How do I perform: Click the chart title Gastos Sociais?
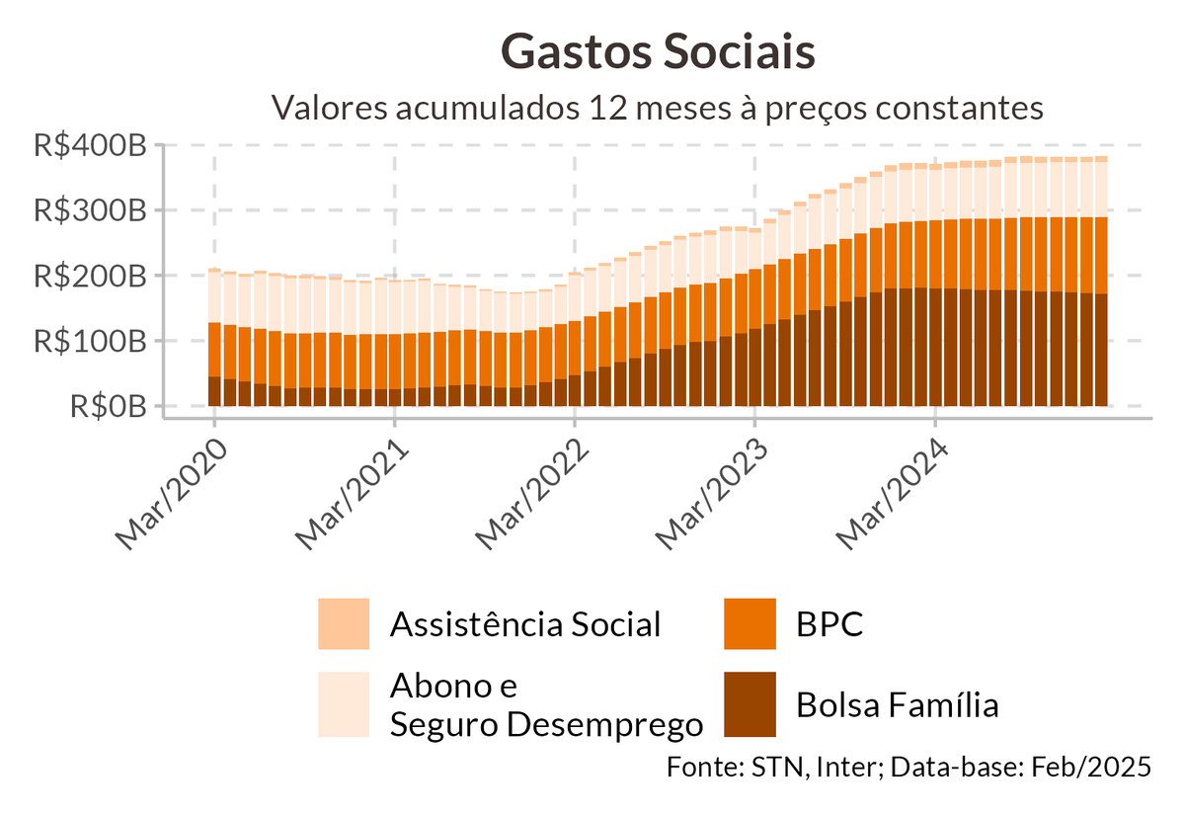658,51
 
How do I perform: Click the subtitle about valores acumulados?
658,106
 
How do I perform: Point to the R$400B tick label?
90,146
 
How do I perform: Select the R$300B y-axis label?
90,211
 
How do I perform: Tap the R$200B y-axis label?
90,276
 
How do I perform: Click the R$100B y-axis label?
90,341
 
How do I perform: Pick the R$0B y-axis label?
109,406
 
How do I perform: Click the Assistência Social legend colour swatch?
344,624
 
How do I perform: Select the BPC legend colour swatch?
750,624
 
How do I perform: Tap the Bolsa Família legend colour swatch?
750,705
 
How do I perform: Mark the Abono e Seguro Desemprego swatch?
344,705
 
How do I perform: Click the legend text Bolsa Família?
897,705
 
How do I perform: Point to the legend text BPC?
829,624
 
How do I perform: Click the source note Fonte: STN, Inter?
908,767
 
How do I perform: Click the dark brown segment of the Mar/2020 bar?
214,391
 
